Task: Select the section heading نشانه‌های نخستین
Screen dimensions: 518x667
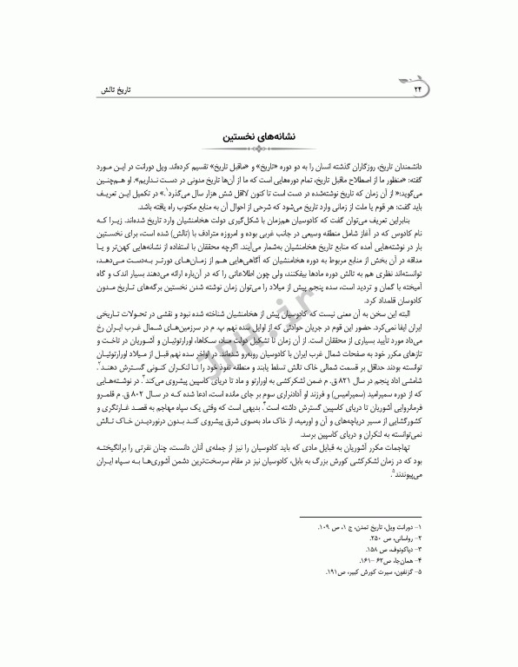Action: tap(259, 136)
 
